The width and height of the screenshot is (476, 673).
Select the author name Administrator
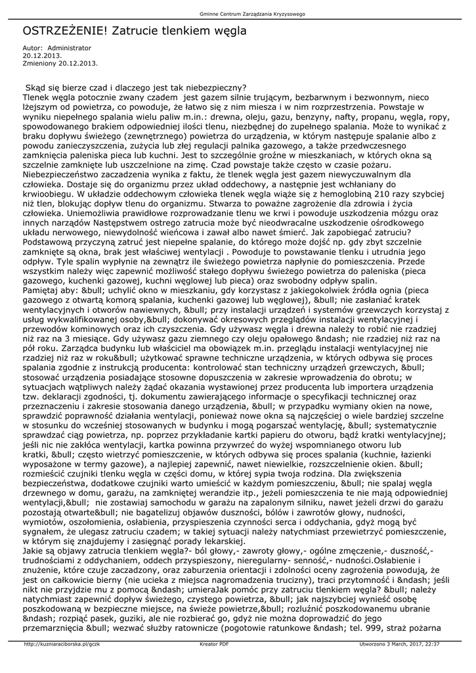70,49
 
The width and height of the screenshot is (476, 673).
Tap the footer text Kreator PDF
214,644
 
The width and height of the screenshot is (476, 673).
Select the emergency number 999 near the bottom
380,627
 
